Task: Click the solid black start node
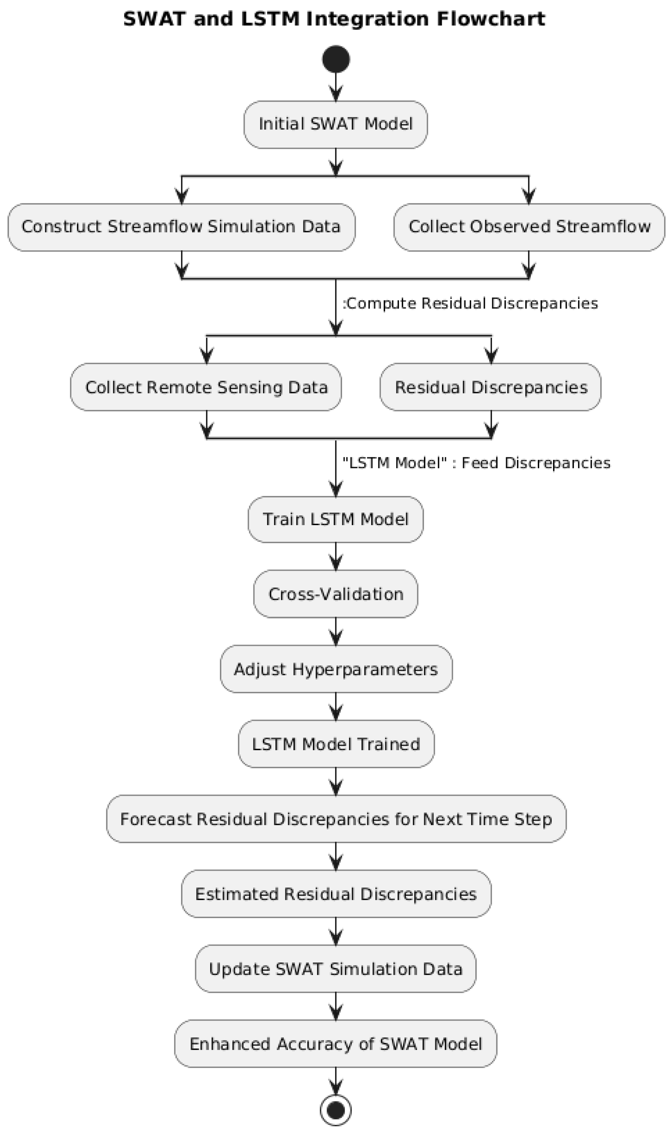(x=335, y=59)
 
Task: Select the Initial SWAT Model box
(x=335, y=124)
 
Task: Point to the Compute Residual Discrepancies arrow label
(x=470, y=303)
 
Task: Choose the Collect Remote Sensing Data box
(x=206, y=387)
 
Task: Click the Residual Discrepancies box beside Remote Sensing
(x=491, y=387)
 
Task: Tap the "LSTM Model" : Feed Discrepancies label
(x=476, y=463)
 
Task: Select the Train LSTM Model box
(x=335, y=519)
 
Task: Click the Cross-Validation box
(x=335, y=594)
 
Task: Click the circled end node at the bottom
(x=335, y=1110)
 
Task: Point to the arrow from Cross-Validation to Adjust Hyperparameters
(x=335, y=632)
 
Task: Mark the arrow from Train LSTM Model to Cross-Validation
(x=335, y=556)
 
